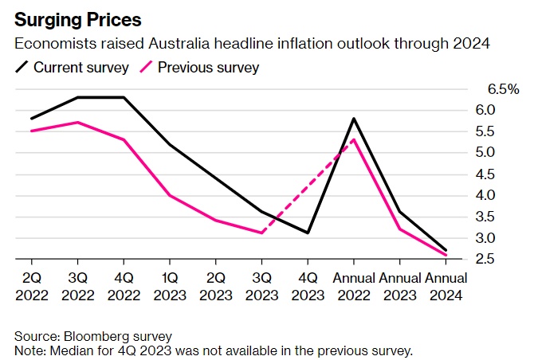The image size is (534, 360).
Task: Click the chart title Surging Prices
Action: pos(71,18)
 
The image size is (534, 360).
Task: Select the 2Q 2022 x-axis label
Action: pos(32,285)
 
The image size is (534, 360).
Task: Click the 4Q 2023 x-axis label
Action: pos(308,285)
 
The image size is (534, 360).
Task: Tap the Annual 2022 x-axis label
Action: pos(353,285)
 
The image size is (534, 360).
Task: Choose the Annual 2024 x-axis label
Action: pos(446,285)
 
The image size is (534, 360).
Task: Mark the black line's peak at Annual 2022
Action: pos(353,119)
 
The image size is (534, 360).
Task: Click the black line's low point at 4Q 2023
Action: pos(308,233)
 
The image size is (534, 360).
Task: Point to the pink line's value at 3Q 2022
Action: pos(77,123)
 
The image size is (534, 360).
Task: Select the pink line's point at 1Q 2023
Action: pos(170,195)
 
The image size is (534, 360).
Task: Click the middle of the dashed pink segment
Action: pos(307,186)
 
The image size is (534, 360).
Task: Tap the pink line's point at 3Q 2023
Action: pos(261,233)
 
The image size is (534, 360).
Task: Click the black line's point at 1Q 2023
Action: pos(170,144)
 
